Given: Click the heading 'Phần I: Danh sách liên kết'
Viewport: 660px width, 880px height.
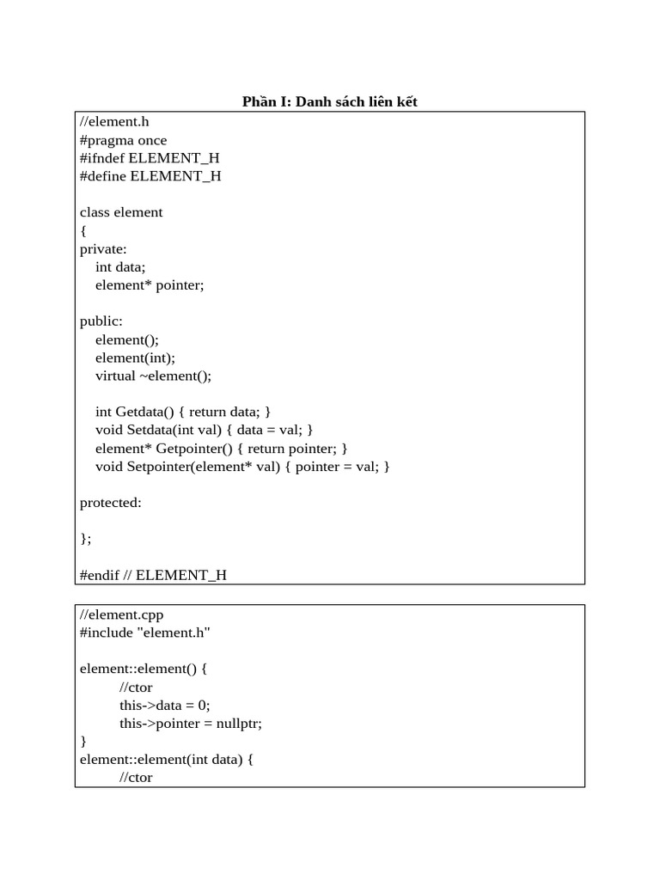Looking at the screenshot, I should tap(330, 102).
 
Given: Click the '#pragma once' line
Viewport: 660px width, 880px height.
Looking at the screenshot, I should tap(124, 140).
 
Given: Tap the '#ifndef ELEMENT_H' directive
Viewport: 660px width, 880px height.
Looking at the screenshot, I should tap(150, 158).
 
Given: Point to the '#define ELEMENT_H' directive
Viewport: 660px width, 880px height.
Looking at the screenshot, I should tap(150, 176).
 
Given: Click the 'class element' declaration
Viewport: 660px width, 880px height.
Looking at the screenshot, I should tap(121, 212).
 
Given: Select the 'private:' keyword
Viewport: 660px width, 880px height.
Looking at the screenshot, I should tap(103, 248).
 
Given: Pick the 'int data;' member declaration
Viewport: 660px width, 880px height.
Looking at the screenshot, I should tap(120, 266).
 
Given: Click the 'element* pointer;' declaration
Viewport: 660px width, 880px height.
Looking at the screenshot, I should tap(150, 284).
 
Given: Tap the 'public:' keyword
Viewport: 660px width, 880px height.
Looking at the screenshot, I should tap(101, 321).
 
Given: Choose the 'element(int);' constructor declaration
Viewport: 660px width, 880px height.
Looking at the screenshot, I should tap(135, 357).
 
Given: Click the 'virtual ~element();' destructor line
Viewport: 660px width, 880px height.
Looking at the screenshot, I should tap(153, 376).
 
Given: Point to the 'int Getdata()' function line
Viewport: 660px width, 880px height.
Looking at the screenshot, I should tap(183, 412).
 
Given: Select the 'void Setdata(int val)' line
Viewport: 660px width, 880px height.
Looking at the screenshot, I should tap(205, 430).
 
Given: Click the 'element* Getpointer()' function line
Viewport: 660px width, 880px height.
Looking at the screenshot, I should tap(222, 448).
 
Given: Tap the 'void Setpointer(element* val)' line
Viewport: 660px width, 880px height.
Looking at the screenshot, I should tap(243, 466).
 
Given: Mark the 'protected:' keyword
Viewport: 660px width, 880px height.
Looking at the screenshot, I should tap(111, 503).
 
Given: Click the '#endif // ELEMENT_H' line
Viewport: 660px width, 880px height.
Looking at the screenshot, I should tap(153, 575).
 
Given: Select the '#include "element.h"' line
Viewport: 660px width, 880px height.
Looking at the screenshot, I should tap(145, 632).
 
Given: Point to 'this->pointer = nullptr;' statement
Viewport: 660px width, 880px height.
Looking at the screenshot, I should tap(191, 723).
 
